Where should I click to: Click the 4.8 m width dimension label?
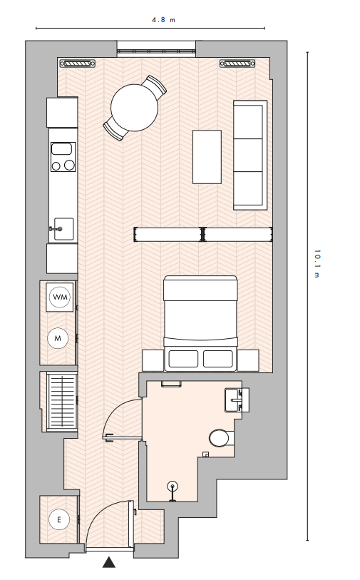pyautogui.click(x=163, y=20)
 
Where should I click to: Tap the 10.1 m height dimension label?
pyautogui.click(x=317, y=263)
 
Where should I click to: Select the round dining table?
pyautogui.click(x=135, y=108)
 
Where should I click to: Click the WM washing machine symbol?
pyautogui.click(x=60, y=297)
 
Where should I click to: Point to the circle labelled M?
pyautogui.click(x=58, y=338)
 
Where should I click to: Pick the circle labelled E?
pyautogui.click(x=59, y=519)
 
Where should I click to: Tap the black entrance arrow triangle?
pyautogui.click(x=108, y=562)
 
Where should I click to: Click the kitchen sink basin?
pyautogui.click(x=63, y=229)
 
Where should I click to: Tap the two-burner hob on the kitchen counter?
pyautogui.click(x=63, y=157)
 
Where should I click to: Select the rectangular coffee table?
pyautogui.click(x=207, y=157)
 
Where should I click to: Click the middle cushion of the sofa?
pyautogui.click(x=248, y=155)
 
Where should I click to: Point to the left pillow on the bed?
pyautogui.click(x=183, y=359)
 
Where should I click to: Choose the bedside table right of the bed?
pyautogui.click(x=247, y=360)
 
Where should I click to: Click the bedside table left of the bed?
pyautogui.click(x=153, y=360)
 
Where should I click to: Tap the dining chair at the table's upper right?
pyautogui.click(x=155, y=86)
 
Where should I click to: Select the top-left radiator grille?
pyautogui.click(x=78, y=63)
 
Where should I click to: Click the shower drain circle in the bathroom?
pyautogui.click(x=173, y=486)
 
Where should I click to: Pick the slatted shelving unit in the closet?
pyautogui.click(x=62, y=402)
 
